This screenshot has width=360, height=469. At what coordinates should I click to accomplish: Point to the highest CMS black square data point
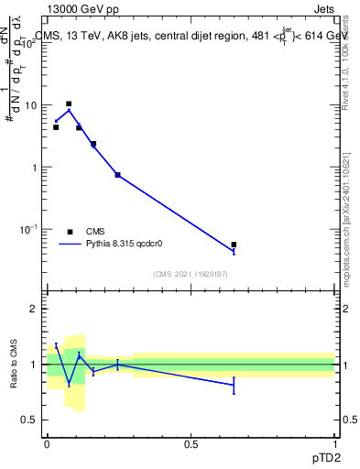tap(69, 104)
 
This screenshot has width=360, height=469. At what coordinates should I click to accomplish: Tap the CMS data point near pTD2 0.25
tap(118, 175)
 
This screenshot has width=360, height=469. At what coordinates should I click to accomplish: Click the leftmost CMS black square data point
tap(56, 127)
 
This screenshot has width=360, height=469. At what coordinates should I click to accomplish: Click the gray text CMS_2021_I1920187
tap(191, 274)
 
